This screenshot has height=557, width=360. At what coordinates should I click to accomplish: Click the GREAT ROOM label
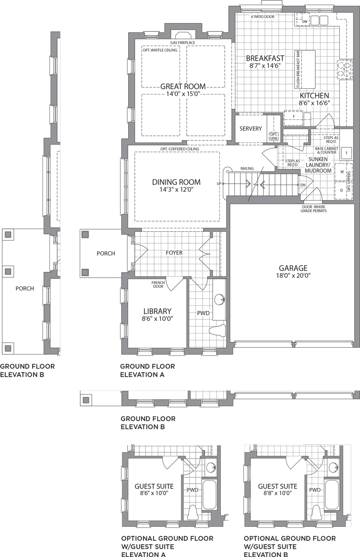(x=183, y=86)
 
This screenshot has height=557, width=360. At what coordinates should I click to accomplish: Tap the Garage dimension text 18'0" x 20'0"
(x=293, y=276)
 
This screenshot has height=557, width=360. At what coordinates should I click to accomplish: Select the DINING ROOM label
(x=176, y=182)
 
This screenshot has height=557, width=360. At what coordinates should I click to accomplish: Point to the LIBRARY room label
(x=157, y=311)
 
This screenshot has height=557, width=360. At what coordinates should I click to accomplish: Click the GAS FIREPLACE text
(x=183, y=43)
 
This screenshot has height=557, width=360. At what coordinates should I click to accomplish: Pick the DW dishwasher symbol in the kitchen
(x=304, y=21)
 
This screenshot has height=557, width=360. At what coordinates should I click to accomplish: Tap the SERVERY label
(x=251, y=129)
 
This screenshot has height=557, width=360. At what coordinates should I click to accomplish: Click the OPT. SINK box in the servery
(x=273, y=136)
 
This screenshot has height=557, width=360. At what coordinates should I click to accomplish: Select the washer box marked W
(x=342, y=172)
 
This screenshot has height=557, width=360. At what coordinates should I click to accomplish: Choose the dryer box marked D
(x=342, y=190)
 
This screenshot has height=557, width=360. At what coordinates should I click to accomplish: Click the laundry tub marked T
(x=346, y=153)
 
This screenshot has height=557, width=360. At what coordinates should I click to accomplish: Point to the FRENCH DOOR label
(x=158, y=284)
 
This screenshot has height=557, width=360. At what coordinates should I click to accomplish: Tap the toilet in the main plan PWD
(x=218, y=330)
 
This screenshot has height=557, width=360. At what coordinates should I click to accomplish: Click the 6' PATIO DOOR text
(x=263, y=17)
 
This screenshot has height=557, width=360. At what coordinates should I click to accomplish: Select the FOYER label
(x=174, y=252)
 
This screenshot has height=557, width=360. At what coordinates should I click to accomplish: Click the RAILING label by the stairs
(x=247, y=168)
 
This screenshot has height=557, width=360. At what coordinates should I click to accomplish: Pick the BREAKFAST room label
(x=265, y=58)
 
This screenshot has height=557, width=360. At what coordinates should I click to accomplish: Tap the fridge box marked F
(x=294, y=116)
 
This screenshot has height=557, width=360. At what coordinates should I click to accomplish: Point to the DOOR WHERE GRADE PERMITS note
(x=313, y=209)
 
